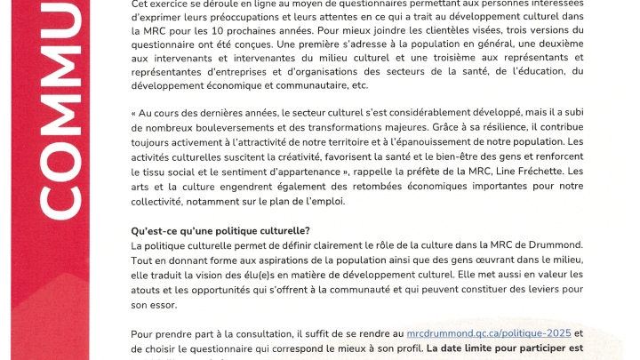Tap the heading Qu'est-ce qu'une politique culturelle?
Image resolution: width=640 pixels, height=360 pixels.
(x=220, y=231)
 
